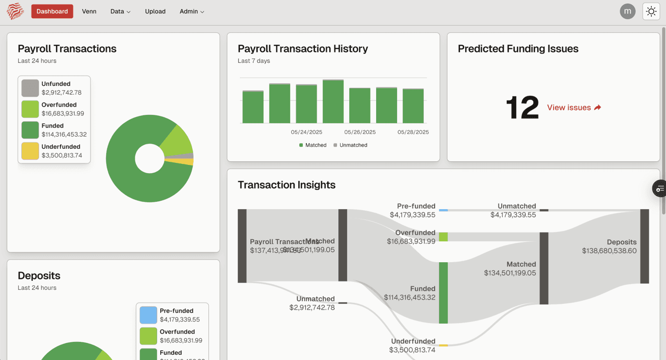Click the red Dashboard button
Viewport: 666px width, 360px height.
click(x=52, y=11)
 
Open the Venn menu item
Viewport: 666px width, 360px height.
click(x=89, y=11)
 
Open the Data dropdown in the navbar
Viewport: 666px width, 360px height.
click(x=120, y=11)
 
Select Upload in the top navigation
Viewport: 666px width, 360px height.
click(x=155, y=11)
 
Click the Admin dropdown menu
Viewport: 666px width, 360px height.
click(x=191, y=11)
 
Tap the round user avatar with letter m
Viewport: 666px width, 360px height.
click(x=627, y=11)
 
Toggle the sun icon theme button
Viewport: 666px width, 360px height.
click(x=651, y=11)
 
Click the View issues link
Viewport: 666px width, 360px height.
click(x=574, y=108)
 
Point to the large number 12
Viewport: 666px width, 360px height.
click(x=522, y=108)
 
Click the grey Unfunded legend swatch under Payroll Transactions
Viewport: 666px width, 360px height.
click(x=30, y=88)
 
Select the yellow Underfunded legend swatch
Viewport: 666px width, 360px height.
click(x=30, y=151)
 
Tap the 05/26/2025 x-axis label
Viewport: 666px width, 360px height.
click(x=360, y=132)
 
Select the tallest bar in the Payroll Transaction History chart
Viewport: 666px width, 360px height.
click(x=333, y=101)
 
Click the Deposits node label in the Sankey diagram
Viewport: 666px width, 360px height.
click(x=621, y=242)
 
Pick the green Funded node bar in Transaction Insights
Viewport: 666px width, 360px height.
click(x=443, y=293)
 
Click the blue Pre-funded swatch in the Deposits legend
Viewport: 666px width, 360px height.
click(x=148, y=315)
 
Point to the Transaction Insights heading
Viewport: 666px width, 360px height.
click(x=287, y=185)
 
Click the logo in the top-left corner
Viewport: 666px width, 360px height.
click(x=15, y=11)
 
